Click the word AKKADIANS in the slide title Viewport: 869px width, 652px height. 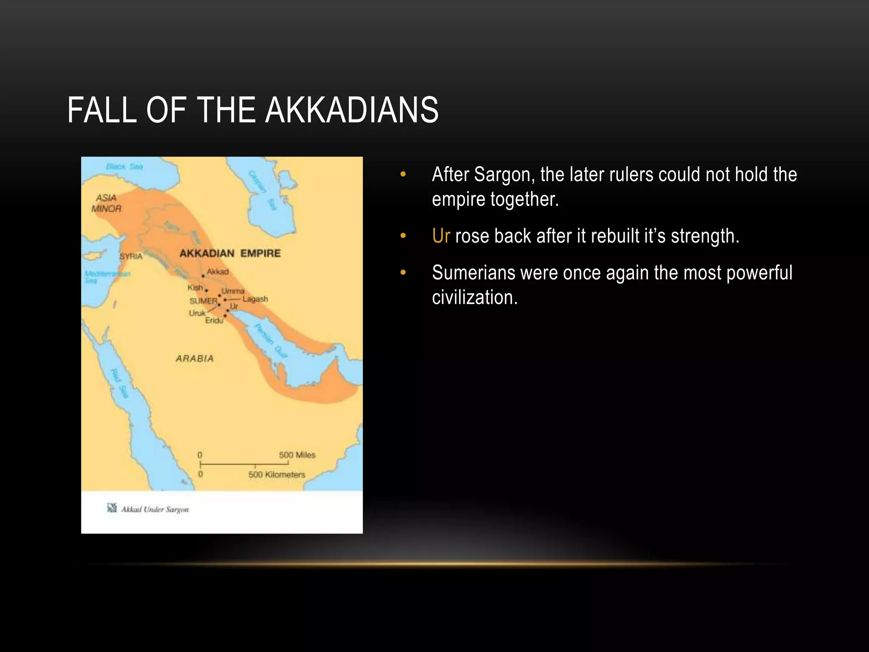click(x=352, y=110)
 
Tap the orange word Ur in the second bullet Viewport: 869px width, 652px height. click(x=440, y=236)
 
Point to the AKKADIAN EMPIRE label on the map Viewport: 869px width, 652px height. click(x=230, y=253)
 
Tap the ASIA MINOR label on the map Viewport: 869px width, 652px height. click(x=107, y=203)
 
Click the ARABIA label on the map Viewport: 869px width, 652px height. click(x=195, y=359)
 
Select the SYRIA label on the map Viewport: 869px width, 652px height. click(x=131, y=256)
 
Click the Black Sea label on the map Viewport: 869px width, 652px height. click(x=124, y=167)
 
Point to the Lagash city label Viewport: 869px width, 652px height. click(x=255, y=299)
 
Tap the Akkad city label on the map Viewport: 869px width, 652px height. click(x=218, y=272)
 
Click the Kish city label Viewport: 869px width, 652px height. click(x=195, y=287)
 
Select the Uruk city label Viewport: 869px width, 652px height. click(x=197, y=313)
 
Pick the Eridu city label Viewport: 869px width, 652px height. click(x=214, y=320)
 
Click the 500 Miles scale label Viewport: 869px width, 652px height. click(x=297, y=455)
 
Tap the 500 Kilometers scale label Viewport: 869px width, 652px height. click(x=277, y=475)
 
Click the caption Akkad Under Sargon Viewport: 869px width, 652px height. click(x=155, y=509)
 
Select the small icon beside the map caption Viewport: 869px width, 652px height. click(x=112, y=508)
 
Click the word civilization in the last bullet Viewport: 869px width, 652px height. click(x=474, y=298)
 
